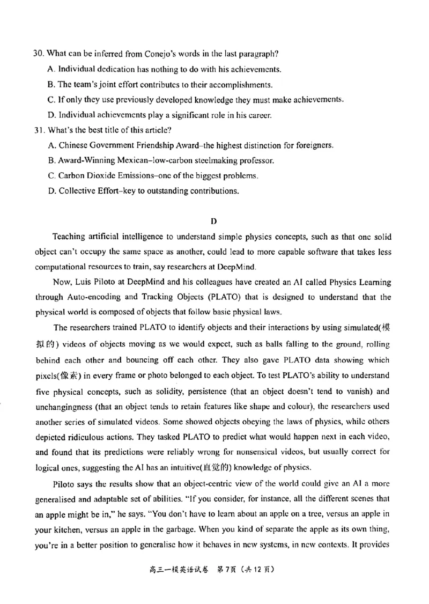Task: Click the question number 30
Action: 38,54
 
